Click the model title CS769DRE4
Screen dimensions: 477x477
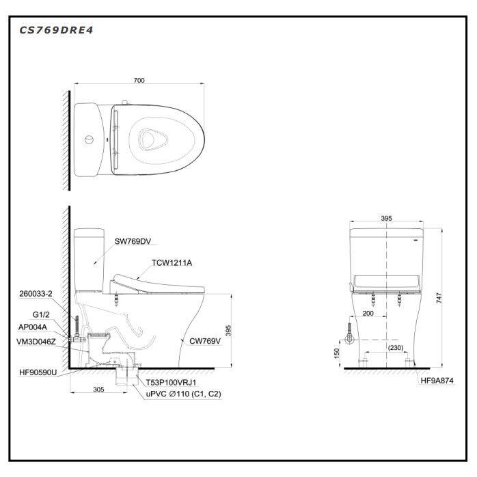click(56, 30)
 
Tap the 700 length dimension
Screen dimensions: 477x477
click(139, 81)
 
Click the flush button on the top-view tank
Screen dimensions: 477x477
click(89, 139)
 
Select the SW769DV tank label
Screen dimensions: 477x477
click(133, 241)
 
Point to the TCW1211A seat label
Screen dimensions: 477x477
click(172, 263)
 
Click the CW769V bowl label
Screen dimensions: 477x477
click(205, 341)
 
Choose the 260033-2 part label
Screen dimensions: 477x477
click(36, 294)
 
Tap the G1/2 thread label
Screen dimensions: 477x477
click(41, 314)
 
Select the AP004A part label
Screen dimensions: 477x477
click(33, 327)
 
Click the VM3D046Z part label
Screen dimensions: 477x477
click(36, 342)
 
